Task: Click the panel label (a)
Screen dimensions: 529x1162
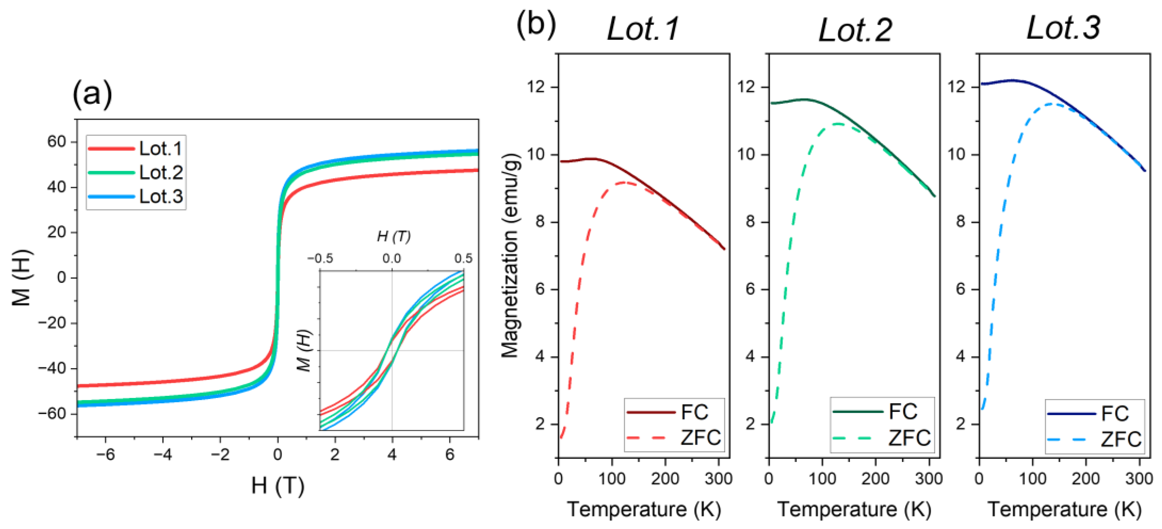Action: pos(92,94)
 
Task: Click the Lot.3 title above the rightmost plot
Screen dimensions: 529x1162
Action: pos(1063,28)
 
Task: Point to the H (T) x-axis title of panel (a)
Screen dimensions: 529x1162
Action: pos(277,486)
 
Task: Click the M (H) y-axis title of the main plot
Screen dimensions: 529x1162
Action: pos(22,277)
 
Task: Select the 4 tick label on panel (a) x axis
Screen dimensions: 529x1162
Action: pos(391,454)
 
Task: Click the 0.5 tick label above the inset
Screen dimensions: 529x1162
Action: pos(463,258)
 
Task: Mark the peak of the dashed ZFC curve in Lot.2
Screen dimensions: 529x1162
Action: pos(838,124)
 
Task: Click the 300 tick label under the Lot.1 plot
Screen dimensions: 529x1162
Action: pos(718,478)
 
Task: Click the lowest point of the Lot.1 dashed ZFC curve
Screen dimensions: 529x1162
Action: pos(561,437)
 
